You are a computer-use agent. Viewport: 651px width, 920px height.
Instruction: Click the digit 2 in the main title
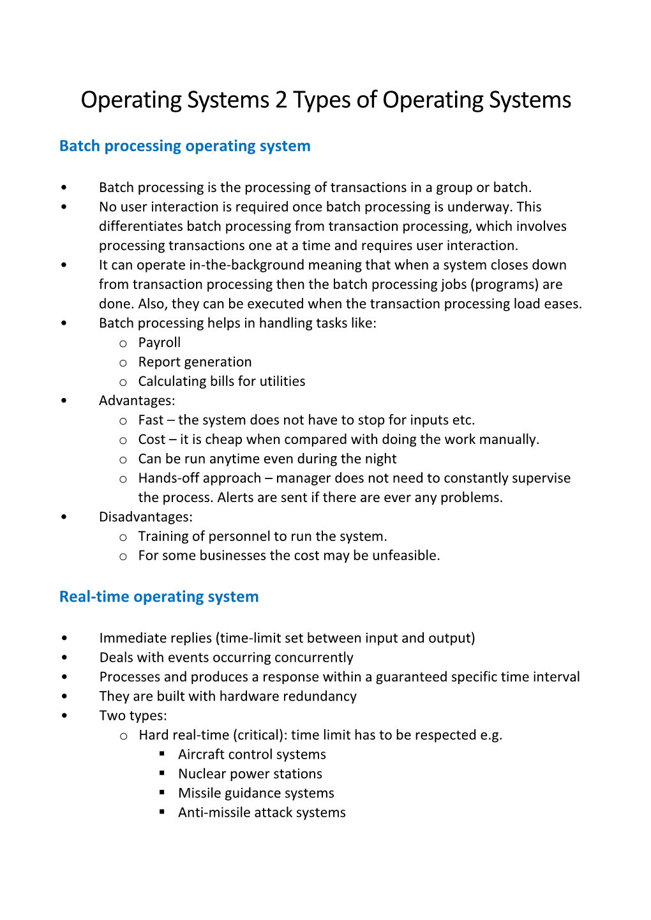pyautogui.click(x=281, y=100)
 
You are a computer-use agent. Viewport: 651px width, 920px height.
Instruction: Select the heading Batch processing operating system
pyautogui.click(x=184, y=146)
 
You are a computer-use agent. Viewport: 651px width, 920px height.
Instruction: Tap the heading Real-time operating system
pyautogui.click(x=159, y=597)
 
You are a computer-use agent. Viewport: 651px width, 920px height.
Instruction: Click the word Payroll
pyautogui.click(x=160, y=343)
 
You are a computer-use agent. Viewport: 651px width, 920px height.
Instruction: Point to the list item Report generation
pyautogui.click(x=195, y=362)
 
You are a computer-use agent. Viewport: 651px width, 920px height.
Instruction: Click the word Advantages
pyautogui.click(x=136, y=401)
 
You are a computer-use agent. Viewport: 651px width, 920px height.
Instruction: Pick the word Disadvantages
pyautogui.click(x=145, y=517)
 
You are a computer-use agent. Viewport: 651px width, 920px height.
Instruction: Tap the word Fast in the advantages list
pyautogui.click(x=151, y=420)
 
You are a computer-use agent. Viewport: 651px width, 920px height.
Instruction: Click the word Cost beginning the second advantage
pyautogui.click(x=152, y=440)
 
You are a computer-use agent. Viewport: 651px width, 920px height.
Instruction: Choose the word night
pyautogui.click(x=380, y=459)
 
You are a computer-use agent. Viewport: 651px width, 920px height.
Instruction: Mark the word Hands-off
pyautogui.click(x=167, y=478)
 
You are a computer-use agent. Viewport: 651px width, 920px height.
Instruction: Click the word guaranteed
pyautogui.click(x=411, y=677)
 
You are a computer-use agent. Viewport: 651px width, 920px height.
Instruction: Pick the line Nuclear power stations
pyautogui.click(x=250, y=774)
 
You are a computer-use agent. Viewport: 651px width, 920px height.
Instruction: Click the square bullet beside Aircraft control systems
pyautogui.click(x=163, y=753)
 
